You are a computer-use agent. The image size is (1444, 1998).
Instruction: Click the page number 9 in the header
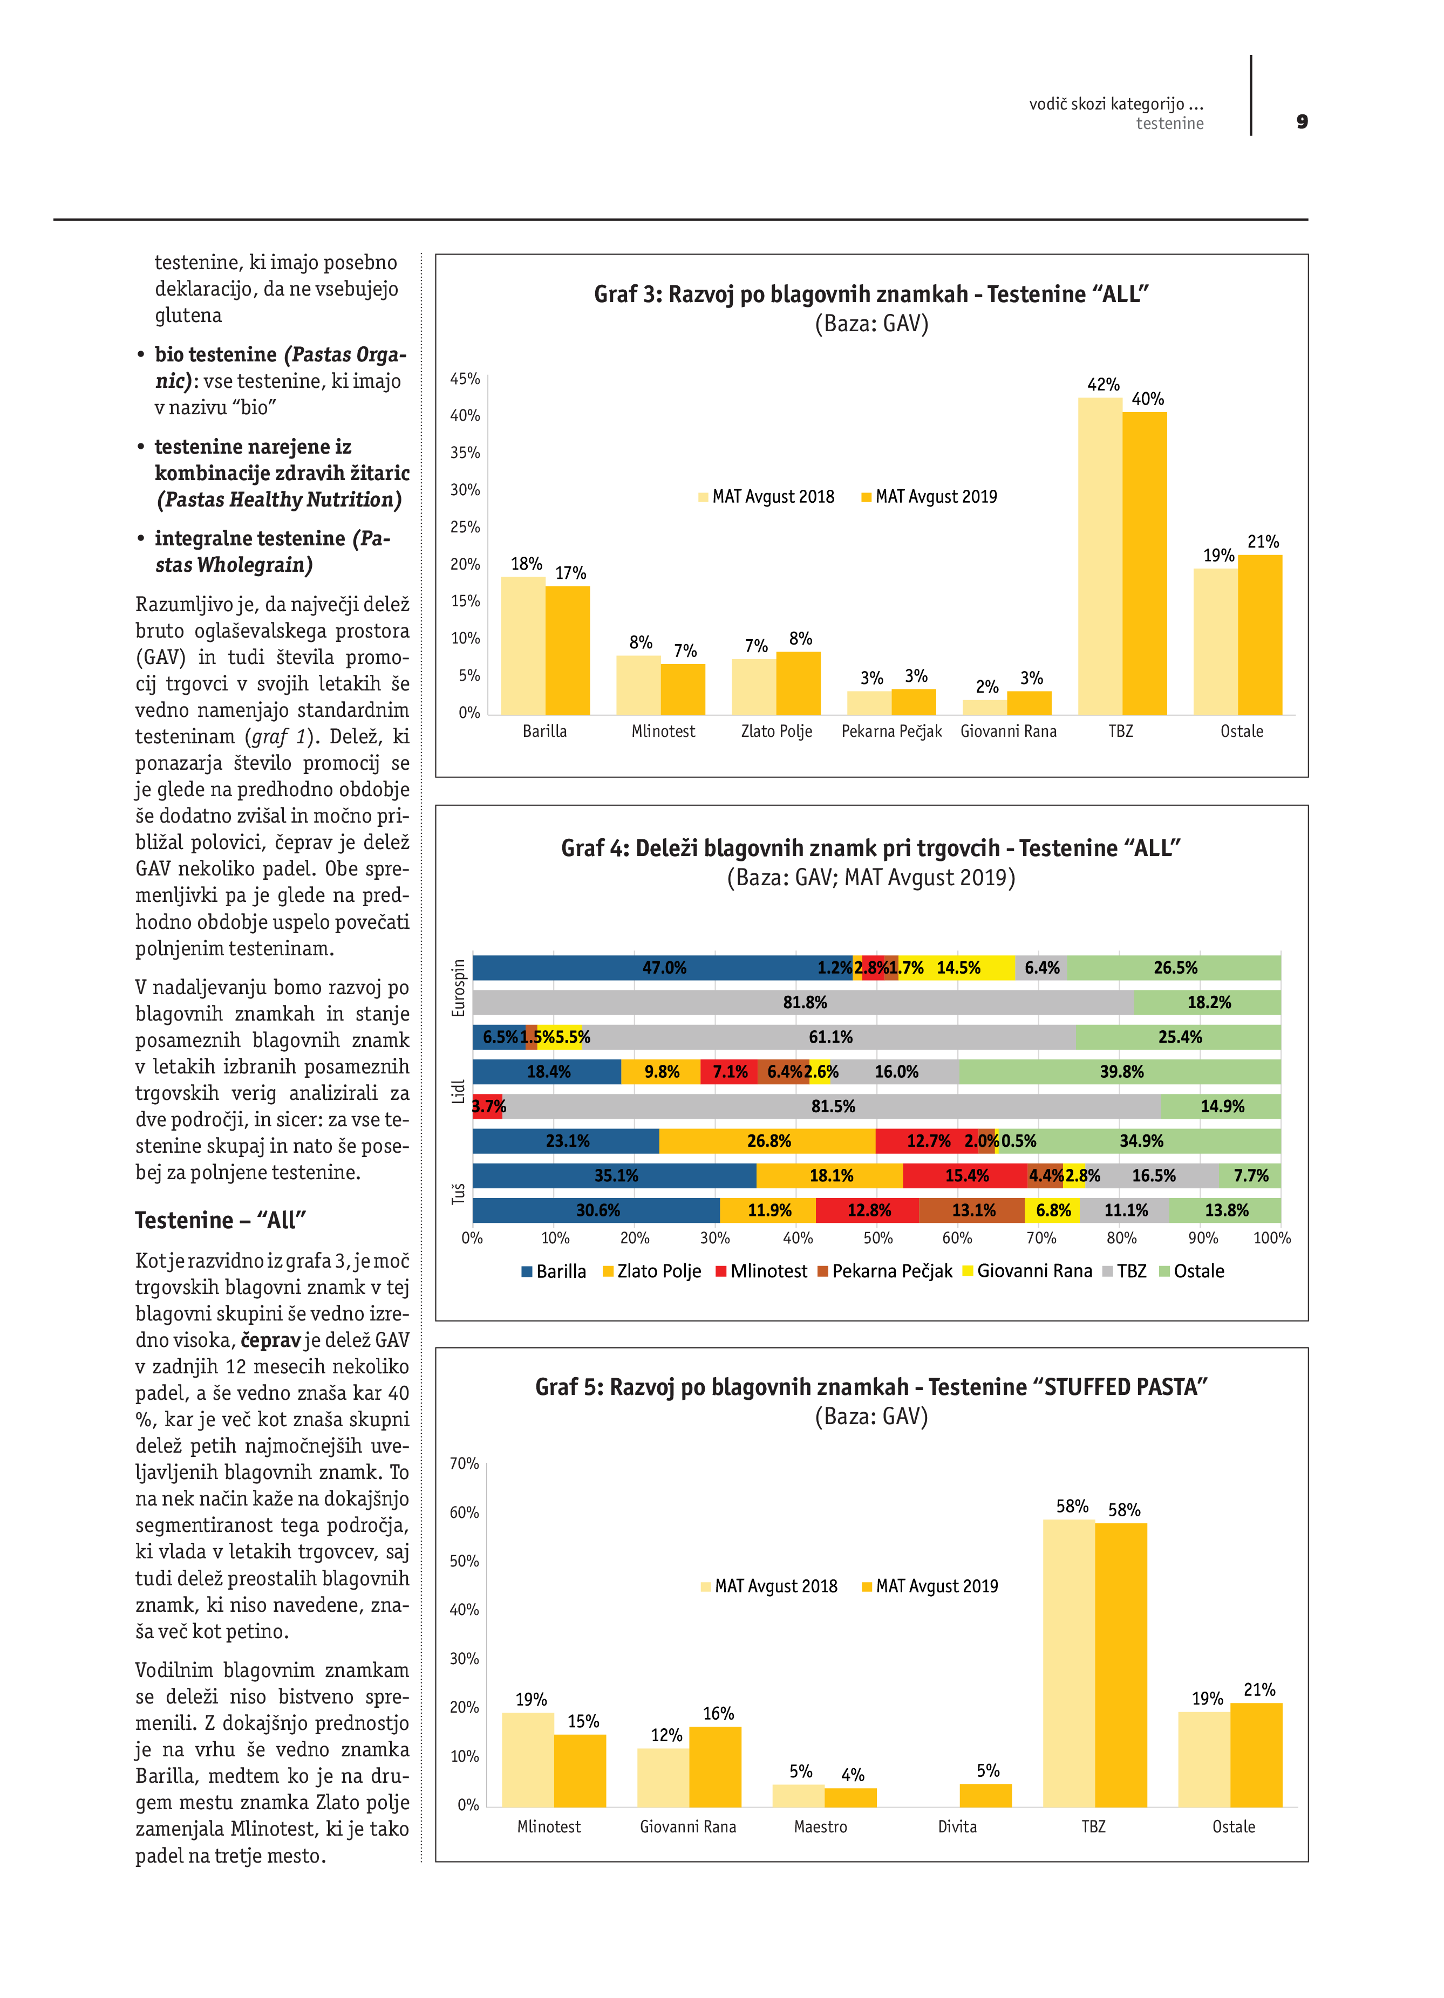coord(1302,121)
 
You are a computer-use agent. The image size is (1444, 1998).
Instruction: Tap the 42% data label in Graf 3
coord(1102,385)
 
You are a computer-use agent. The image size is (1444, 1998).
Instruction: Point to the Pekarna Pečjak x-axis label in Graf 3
coord(891,731)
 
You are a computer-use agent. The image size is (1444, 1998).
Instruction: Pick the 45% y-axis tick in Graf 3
coord(465,379)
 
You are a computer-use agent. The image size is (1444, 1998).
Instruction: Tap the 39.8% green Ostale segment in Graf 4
coord(1121,1072)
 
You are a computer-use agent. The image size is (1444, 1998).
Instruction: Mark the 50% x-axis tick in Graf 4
coord(877,1238)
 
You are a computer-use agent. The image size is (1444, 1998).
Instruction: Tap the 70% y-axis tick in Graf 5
coord(464,1463)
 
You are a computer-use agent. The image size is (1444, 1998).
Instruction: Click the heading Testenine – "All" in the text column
coord(220,1220)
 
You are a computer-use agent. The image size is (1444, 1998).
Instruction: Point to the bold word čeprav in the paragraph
coord(270,1340)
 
